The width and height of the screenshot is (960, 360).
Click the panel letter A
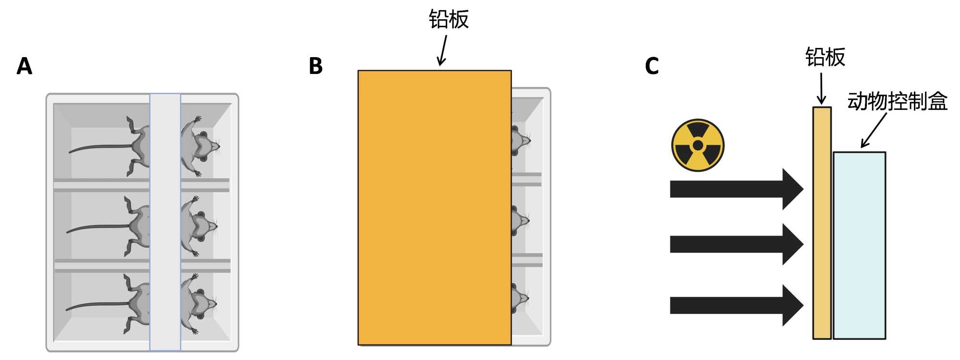pyautogui.click(x=24, y=66)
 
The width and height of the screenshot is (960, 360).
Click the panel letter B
pyautogui.click(x=316, y=66)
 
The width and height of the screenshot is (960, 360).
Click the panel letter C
pyautogui.click(x=652, y=66)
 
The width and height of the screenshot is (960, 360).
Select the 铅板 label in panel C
pyautogui.click(x=825, y=57)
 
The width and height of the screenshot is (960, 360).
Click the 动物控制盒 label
pyautogui.click(x=897, y=102)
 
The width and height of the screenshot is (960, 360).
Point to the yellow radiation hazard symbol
pyautogui.click(x=698, y=145)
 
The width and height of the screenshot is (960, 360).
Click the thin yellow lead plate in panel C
pyautogui.click(x=822, y=223)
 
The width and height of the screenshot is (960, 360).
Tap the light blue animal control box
pyautogui.click(x=859, y=245)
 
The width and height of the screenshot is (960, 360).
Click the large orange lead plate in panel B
pyautogui.click(x=434, y=208)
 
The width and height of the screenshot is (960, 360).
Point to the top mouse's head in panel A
pyautogui.click(x=204, y=146)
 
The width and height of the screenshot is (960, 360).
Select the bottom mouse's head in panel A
pyautogui.click(x=202, y=304)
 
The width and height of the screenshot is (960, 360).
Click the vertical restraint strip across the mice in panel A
pyautogui.click(x=165, y=222)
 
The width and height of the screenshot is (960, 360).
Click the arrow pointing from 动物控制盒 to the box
pyautogui.click(x=874, y=131)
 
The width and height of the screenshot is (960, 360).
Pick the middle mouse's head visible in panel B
pyautogui.click(x=520, y=221)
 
